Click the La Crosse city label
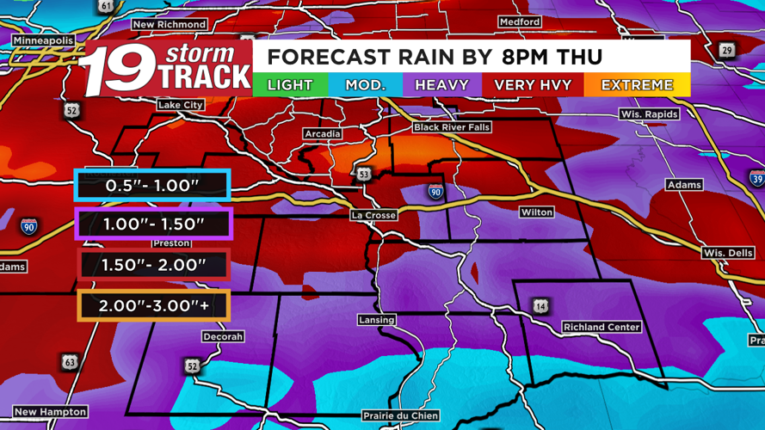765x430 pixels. click(372, 214)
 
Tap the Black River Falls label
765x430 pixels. click(450, 127)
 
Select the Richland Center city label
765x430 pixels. click(602, 327)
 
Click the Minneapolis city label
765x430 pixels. click(42, 40)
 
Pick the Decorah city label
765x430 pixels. click(223, 337)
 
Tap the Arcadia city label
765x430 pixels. click(323, 134)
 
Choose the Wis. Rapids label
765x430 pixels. click(649, 114)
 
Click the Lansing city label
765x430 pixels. click(376, 320)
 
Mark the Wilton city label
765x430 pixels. click(536, 212)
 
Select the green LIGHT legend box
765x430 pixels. click(290, 85)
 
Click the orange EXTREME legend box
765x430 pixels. click(637, 85)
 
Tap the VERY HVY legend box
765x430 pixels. click(532, 85)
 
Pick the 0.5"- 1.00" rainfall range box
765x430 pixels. click(152, 186)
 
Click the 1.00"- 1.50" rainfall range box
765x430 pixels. click(153, 224)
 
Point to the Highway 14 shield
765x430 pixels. click(540, 306)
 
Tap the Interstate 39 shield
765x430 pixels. click(756, 179)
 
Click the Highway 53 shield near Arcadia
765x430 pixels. click(364, 175)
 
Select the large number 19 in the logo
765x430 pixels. click(120, 70)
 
